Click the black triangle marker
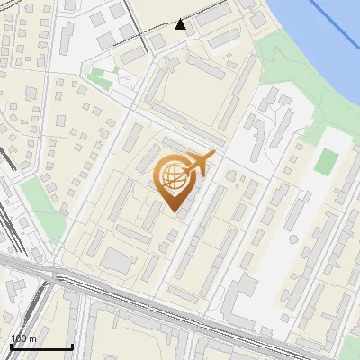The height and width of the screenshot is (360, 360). tap(181, 24)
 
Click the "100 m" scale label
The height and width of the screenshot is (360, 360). tap(23, 338)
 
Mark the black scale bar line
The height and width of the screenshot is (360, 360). tap(41, 346)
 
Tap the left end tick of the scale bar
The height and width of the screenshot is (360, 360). tap(11, 345)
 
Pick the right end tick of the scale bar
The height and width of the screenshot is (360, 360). tap(72, 345)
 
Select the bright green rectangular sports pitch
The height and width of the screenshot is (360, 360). tap(327, 162)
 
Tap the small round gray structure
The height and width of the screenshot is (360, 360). tap(292, 239)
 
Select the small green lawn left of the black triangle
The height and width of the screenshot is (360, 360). tap(101, 79)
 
